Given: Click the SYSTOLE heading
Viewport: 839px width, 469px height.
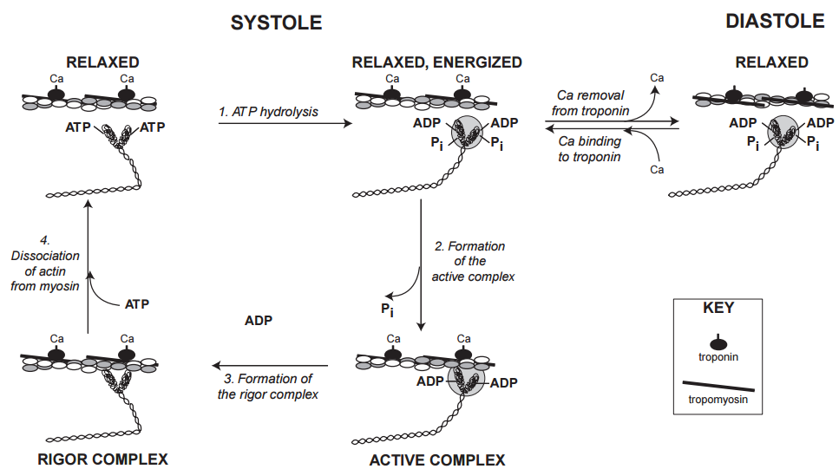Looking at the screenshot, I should (x=276, y=23).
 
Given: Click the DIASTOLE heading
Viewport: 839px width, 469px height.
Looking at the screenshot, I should (x=775, y=22).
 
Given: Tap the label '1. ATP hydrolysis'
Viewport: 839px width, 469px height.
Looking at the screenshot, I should (x=268, y=112).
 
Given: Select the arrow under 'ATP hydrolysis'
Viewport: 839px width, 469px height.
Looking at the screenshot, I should (x=285, y=124).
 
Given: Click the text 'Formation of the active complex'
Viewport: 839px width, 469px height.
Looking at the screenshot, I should (x=470, y=261).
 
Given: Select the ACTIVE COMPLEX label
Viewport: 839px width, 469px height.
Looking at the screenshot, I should (x=437, y=459).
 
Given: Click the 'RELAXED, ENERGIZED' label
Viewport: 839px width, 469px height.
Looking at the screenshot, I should (x=437, y=62).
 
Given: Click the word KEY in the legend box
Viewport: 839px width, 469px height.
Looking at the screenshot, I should (x=718, y=308).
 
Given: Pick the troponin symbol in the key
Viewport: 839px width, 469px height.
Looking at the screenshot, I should (x=717, y=342).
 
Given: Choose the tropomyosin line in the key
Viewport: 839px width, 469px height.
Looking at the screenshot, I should (x=717, y=385).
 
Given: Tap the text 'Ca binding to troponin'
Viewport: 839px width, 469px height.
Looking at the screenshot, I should (x=589, y=148).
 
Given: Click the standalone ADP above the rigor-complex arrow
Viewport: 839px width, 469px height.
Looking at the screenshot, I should (x=259, y=320).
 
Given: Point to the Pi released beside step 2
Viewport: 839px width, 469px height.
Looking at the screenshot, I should (x=388, y=308).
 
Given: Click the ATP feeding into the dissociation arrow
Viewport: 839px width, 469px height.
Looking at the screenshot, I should (x=138, y=304).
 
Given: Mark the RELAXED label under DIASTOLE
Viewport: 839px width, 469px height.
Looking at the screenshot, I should (x=771, y=62).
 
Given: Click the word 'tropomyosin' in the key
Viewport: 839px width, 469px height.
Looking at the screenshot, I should (x=718, y=400).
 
